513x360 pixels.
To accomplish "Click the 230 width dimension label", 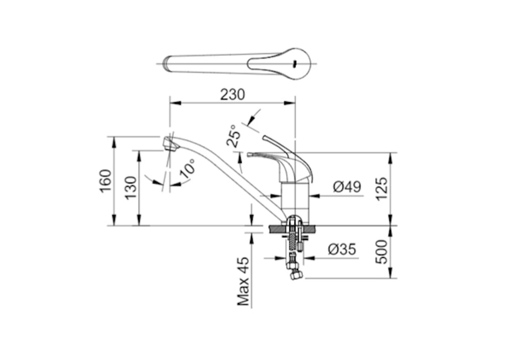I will click(232, 95).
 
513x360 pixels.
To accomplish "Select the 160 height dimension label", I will click(106, 180).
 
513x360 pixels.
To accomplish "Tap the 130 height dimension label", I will click(131, 188).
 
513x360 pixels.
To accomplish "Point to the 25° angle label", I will click(234, 135).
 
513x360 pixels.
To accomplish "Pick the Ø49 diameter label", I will click(347, 187).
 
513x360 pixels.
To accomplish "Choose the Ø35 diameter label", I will click(342, 250).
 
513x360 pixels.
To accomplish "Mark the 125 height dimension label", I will click(381, 189).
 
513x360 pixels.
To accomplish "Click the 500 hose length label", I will click(381, 252).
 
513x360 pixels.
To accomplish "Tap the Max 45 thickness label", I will click(243, 281).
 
